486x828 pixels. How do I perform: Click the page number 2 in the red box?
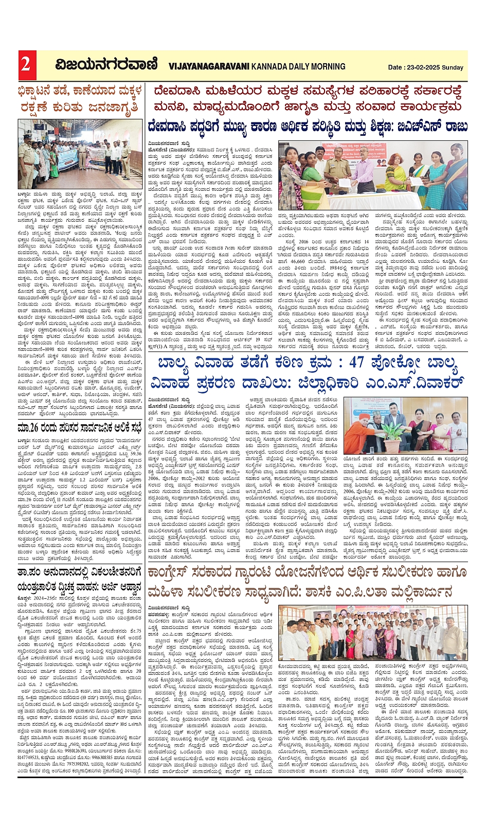[x=25, y=65]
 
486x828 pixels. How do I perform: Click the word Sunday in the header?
[x=453, y=67]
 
